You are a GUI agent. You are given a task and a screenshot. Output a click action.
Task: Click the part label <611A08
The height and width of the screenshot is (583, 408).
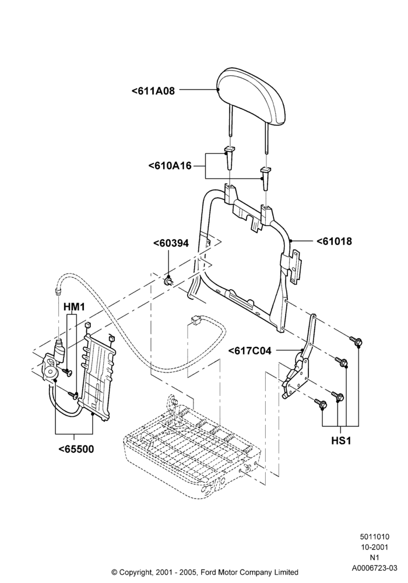tap(153, 90)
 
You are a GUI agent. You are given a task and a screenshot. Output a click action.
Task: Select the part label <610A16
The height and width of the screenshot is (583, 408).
tap(170, 166)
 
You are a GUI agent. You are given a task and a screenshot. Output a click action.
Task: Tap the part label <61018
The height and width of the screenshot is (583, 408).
tap(334, 241)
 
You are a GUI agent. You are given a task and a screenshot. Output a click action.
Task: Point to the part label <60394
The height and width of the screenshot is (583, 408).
tap(171, 243)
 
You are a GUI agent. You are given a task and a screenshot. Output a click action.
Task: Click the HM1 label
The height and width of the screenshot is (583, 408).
tap(75, 307)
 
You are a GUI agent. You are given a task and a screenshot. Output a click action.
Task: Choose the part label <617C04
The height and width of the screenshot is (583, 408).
tap(249, 350)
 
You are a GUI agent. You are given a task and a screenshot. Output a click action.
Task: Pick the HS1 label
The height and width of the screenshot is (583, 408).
tap(341, 441)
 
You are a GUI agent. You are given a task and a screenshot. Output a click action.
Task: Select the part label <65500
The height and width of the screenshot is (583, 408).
tap(76, 449)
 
